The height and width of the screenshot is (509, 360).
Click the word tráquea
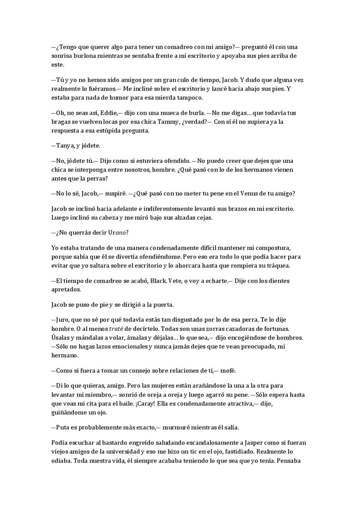pyautogui.click(x=278, y=265)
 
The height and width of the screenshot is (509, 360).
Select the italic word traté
pyautogui.click(x=116, y=329)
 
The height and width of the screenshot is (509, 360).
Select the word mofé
pyautogui.click(x=228, y=371)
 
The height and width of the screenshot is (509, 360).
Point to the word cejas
pyautogui.click(x=204, y=218)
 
